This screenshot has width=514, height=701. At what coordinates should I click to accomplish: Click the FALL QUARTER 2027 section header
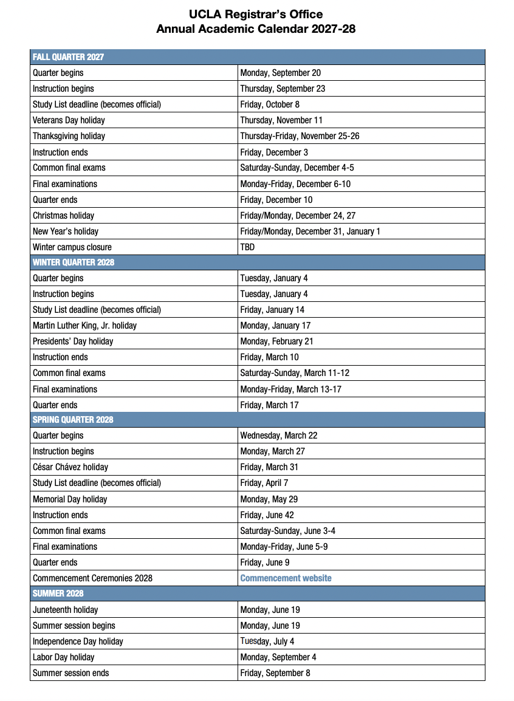(x=68, y=57)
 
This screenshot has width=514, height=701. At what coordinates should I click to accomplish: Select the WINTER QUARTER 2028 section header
(x=74, y=262)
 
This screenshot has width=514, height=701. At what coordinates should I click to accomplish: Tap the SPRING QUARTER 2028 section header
(x=73, y=420)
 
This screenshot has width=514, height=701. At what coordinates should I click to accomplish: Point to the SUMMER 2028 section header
(x=58, y=593)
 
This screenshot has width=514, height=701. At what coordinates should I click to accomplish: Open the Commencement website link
(x=286, y=578)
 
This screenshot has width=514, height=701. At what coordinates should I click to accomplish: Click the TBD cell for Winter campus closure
(x=247, y=247)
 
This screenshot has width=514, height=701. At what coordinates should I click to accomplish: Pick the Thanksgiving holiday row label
(x=69, y=136)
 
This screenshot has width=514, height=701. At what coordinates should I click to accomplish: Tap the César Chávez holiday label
(x=70, y=467)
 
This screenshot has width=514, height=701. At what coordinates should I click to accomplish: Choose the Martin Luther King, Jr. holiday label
(x=84, y=326)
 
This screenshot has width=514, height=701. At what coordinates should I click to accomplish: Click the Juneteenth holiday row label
(x=65, y=610)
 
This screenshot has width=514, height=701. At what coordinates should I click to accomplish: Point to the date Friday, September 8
(x=275, y=673)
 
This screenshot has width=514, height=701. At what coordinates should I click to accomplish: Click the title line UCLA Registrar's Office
(x=256, y=14)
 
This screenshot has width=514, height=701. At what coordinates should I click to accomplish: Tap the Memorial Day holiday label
(x=70, y=499)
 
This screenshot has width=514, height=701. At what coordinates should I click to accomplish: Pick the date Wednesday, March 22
(x=278, y=436)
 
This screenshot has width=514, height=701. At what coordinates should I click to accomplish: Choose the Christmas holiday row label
(x=63, y=216)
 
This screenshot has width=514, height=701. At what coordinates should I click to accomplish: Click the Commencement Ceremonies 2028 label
(x=92, y=578)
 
